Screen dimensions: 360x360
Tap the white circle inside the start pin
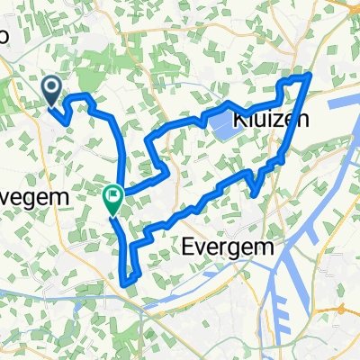(x=51, y=86)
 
